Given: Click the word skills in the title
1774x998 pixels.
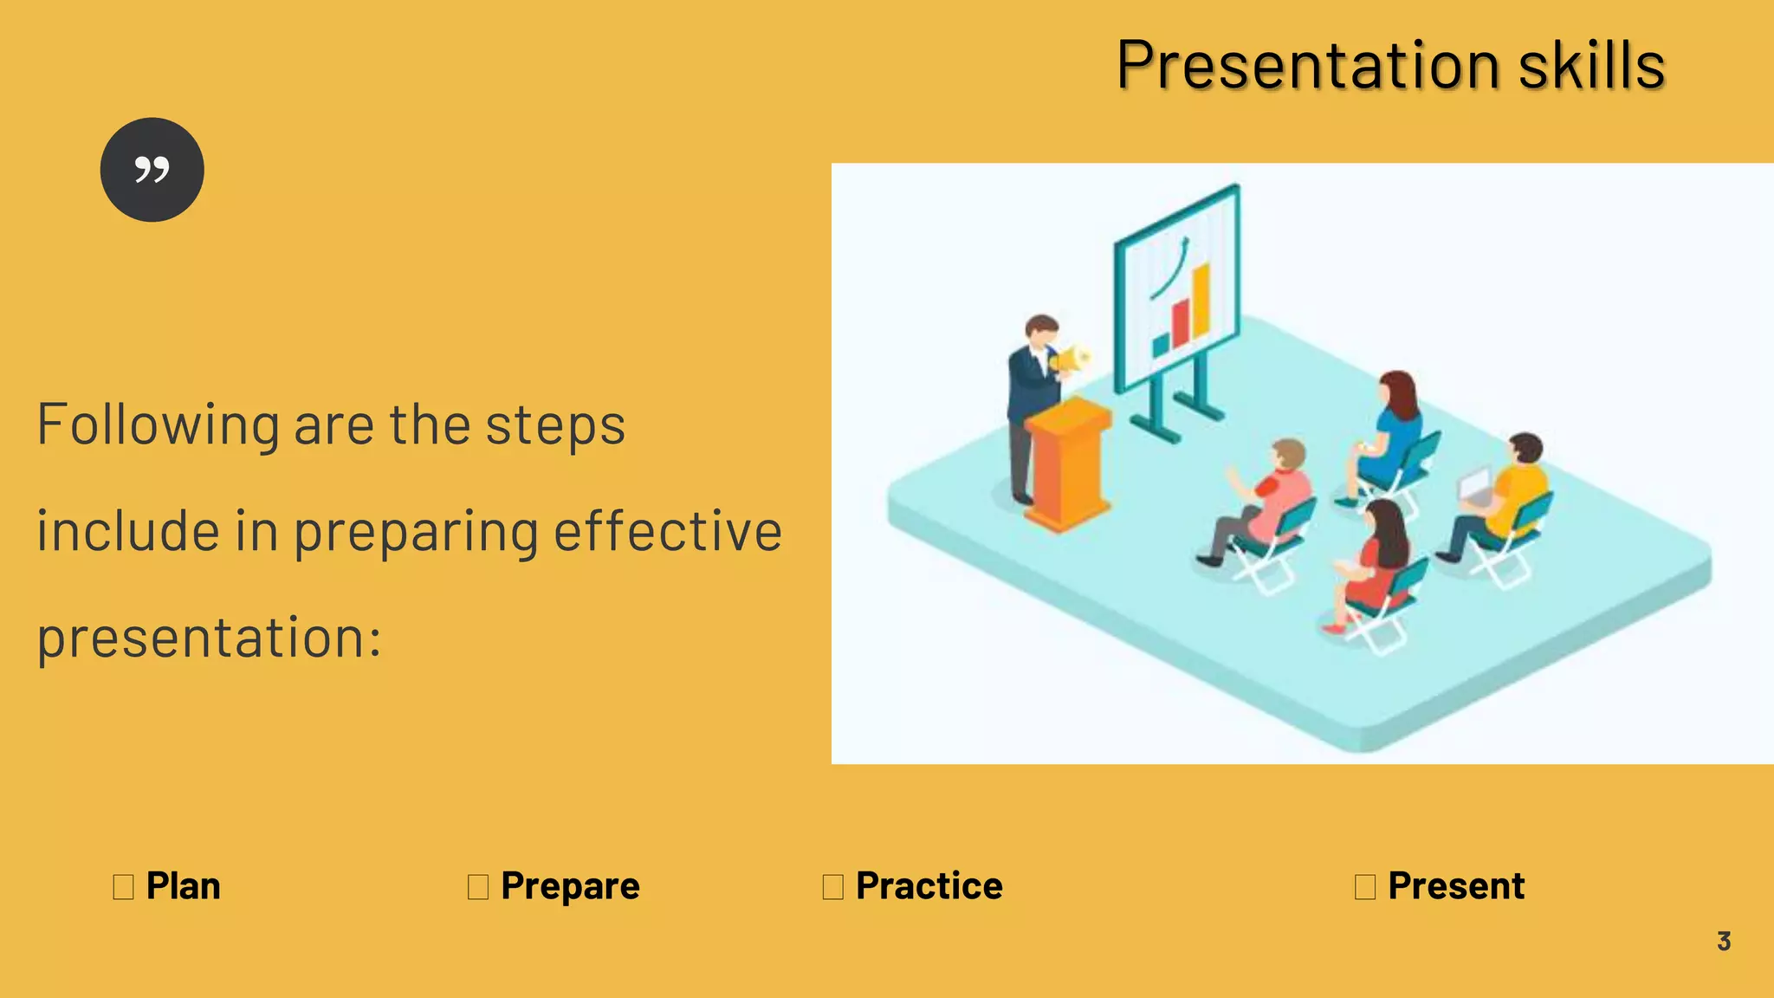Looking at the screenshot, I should point(1592,66).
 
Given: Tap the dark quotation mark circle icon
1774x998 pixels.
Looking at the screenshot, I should point(152,170).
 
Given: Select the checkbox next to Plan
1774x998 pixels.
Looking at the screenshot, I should point(124,887).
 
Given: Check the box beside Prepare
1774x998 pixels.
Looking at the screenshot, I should point(478,887).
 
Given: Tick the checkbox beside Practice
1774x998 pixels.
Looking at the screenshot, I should point(833,887).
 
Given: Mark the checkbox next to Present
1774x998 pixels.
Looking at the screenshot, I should point(1365,887).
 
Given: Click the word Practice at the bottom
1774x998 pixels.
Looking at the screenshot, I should point(929,886).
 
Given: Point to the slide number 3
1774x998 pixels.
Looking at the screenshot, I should point(1724,941).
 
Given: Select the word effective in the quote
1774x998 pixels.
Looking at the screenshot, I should point(668,531).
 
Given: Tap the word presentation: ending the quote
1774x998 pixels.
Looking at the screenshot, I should point(209,638).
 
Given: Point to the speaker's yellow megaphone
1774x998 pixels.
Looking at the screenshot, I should point(1072,359).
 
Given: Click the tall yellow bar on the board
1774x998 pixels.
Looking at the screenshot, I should point(1201,300).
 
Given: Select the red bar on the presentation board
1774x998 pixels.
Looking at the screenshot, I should point(1181,323).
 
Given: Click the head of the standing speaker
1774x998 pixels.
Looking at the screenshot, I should point(1041,329).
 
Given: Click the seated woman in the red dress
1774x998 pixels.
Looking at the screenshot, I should point(1377,563).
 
